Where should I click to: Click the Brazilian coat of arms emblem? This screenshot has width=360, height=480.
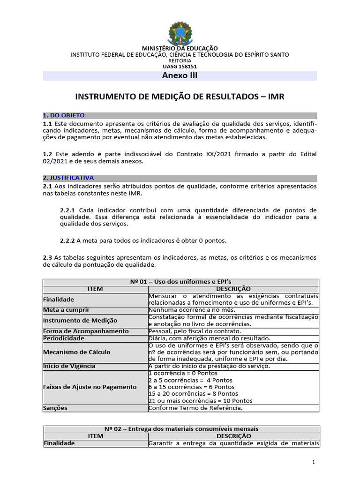[x=180, y=33]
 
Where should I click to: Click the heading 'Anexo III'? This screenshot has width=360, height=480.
[x=180, y=76]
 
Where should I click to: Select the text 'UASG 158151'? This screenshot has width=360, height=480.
[x=180, y=66]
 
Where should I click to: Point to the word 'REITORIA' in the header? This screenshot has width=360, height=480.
[x=180, y=60]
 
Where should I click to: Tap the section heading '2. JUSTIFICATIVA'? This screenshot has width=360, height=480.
[x=68, y=178]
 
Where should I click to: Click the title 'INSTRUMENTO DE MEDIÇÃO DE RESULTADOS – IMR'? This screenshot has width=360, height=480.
[x=180, y=97]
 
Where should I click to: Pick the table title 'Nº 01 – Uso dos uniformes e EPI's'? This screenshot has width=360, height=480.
[x=181, y=282]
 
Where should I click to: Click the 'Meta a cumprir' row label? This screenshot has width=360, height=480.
[x=66, y=310]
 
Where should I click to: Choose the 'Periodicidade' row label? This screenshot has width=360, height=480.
[x=64, y=338]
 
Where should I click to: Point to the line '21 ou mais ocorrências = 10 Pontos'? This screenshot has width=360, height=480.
[x=200, y=401]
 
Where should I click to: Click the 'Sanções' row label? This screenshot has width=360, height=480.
[x=55, y=408]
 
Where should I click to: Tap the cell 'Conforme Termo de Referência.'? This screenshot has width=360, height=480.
[x=195, y=408]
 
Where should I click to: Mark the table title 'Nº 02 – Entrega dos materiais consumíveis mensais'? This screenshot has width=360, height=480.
[x=181, y=429]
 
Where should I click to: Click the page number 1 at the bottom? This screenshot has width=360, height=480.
[x=313, y=462]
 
